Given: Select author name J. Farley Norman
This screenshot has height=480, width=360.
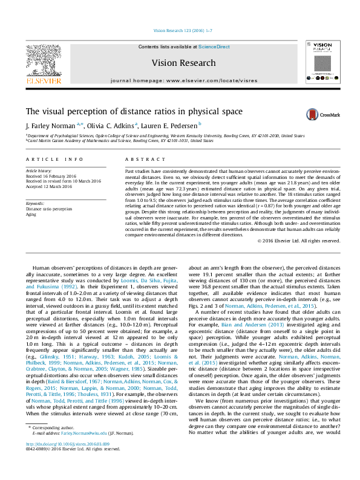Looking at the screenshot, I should click(50, 126).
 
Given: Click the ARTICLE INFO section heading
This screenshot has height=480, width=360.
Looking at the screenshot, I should click(54, 159).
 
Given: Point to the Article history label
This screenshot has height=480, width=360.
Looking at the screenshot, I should click(39, 171).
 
